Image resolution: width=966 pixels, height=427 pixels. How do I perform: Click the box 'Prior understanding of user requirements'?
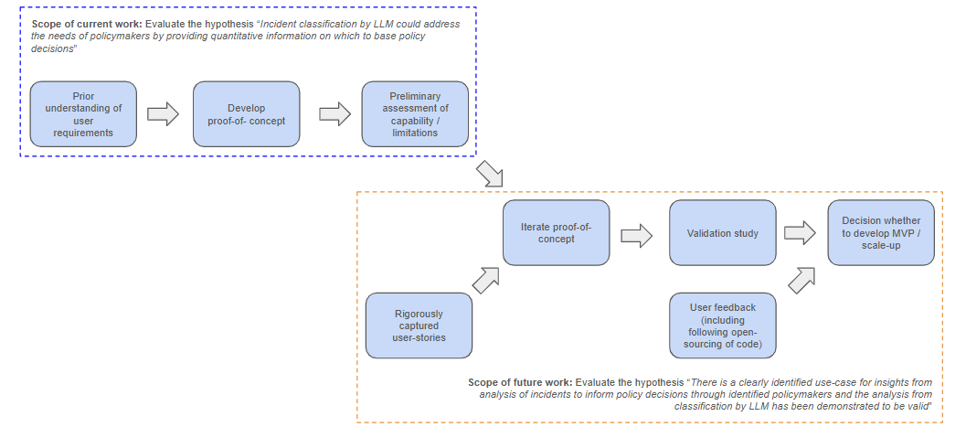pyautogui.click(x=83, y=114)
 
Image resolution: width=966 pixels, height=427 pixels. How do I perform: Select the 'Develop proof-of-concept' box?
pyautogui.click(x=247, y=114)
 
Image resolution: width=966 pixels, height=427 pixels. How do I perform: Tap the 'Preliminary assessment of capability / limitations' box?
pyautogui.click(x=415, y=114)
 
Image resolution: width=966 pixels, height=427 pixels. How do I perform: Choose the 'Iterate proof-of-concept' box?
pyautogui.click(x=556, y=233)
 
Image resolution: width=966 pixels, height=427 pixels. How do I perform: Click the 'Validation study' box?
pyautogui.click(x=722, y=233)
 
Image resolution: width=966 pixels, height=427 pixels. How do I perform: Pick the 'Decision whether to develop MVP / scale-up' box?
pyautogui.click(x=881, y=233)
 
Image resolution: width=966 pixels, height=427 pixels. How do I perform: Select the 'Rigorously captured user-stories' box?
pyautogui.click(x=419, y=326)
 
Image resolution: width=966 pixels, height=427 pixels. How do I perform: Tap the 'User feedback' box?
pyautogui.click(x=722, y=326)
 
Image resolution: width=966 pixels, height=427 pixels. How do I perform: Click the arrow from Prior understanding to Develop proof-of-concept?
pyautogui.click(x=165, y=114)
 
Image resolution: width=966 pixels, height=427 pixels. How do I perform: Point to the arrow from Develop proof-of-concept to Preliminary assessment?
pyautogui.click(x=335, y=114)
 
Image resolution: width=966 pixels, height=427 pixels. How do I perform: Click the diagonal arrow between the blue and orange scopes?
pyautogui.click(x=490, y=173)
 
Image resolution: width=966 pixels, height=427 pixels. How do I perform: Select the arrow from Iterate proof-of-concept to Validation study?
pyautogui.click(x=637, y=235)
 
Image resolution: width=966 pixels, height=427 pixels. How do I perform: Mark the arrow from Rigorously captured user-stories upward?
pyautogui.click(x=486, y=280)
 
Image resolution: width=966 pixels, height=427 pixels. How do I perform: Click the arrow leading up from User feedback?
pyautogui.click(x=801, y=280)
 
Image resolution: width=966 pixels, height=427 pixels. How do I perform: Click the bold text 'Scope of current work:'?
pyautogui.click(x=86, y=23)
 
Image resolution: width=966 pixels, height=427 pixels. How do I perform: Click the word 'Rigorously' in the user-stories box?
pyautogui.click(x=419, y=314)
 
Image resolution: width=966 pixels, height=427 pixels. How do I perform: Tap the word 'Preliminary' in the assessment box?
pyautogui.click(x=415, y=96)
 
